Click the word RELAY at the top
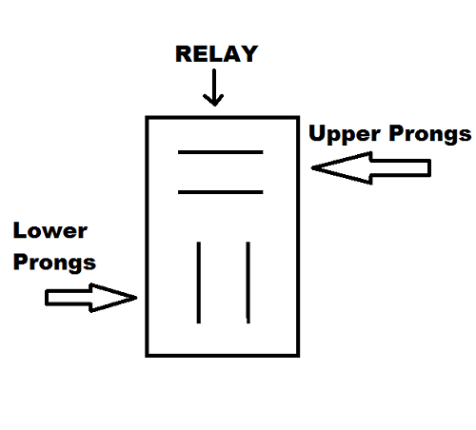216,54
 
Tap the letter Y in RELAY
248,54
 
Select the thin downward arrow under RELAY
214,88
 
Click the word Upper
345,134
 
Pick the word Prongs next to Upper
430,134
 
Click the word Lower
50,230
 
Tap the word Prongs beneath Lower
54,263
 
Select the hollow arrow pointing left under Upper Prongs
370,168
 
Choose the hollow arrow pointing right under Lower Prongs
91,298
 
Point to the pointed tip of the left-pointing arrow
311,168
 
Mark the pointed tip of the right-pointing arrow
137,298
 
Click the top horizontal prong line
221,152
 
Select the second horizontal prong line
221,192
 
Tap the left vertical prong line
199,283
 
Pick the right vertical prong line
248,283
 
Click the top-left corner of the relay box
148,118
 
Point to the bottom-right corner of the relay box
298,356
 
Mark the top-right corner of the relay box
298,118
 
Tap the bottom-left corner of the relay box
148,356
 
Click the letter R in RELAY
183,54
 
